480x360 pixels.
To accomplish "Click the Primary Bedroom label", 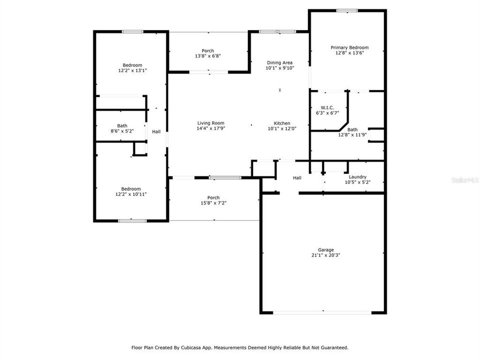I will click(349, 47).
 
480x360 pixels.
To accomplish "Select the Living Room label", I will click(210, 123).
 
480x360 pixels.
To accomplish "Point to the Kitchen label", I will click(281, 123).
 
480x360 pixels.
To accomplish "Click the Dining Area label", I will click(279, 62).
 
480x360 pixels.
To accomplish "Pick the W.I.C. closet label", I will click(327, 107).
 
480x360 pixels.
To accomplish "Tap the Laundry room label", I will click(357, 176).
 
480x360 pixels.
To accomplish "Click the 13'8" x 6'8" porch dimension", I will click(207, 56).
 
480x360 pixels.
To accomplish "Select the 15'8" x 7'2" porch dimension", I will click(213, 203).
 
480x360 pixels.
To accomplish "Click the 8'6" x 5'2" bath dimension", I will click(122, 131).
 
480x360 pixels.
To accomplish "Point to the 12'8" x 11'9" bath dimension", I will click(352, 134).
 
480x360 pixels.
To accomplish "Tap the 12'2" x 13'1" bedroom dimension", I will click(132, 70).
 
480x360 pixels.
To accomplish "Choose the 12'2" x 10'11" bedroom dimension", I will click(132, 194).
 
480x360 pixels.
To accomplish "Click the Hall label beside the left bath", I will click(156, 131).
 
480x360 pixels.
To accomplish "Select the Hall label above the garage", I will click(297, 178).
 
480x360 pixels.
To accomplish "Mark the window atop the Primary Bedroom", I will click(346, 10).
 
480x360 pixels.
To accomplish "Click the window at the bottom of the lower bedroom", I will click(132, 220).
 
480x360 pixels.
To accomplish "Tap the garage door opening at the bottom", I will click(322, 312).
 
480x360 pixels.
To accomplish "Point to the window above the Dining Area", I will click(277, 32).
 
